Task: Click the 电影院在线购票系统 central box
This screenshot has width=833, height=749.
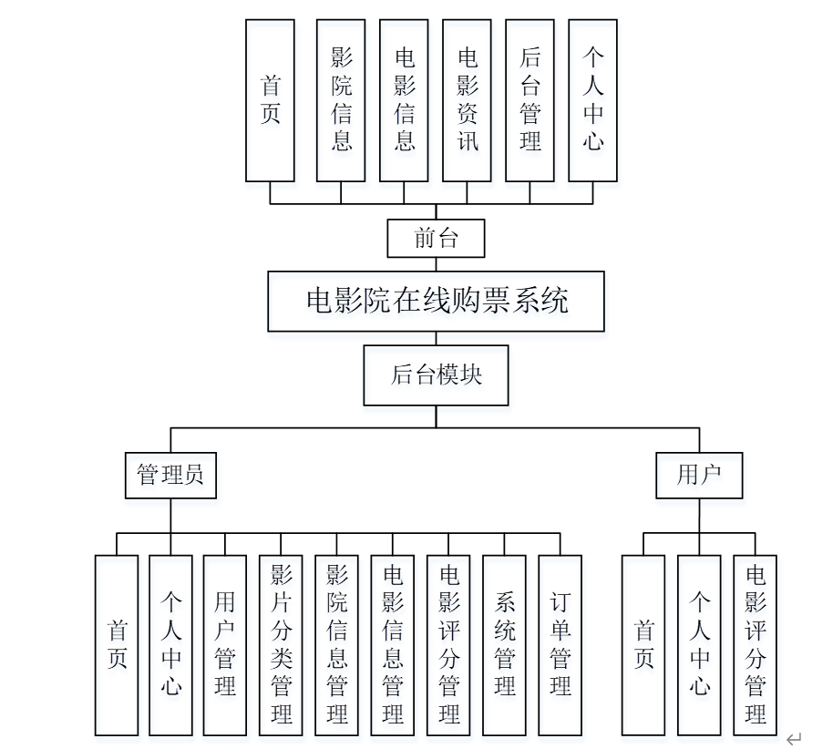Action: click(436, 301)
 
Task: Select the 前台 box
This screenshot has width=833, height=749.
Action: click(436, 239)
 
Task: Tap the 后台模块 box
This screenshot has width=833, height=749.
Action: click(436, 374)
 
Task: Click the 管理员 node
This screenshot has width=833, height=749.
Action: click(170, 475)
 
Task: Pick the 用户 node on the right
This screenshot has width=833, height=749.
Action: click(699, 475)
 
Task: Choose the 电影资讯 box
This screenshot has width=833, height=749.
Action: click(467, 100)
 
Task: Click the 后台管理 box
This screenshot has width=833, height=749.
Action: click(530, 100)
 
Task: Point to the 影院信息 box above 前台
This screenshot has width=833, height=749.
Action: click(341, 100)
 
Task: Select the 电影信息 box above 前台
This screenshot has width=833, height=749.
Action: click(404, 100)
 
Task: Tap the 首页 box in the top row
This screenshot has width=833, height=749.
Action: click(270, 100)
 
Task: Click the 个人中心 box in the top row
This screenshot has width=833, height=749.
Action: click(592, 100)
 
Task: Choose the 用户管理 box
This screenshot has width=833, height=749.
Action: click(224, 645)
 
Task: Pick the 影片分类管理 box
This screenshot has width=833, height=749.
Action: click(281, 645)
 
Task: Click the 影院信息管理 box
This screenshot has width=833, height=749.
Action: click(336, 645)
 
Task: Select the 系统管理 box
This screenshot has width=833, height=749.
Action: click(504, 645)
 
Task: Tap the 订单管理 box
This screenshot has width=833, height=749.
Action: click(560, 645)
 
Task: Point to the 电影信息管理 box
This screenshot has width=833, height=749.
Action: click(393, 645)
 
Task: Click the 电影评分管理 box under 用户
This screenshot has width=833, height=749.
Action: click(756, 645)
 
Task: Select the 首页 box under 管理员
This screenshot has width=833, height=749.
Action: click(117, 645)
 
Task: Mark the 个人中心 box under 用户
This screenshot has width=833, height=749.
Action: click(699, 645)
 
